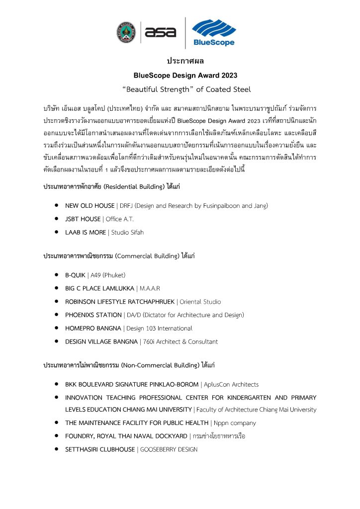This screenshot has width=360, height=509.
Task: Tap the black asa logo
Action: point(160,32)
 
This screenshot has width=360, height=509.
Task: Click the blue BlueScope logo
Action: point(213,32)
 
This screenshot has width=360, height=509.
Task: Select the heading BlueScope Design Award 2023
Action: point(185,76)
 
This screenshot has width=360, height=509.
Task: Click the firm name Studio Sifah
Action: point(128,232)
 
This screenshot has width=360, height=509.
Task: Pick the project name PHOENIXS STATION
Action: point(93,315)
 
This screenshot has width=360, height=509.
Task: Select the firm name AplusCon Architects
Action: point(231,384)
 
